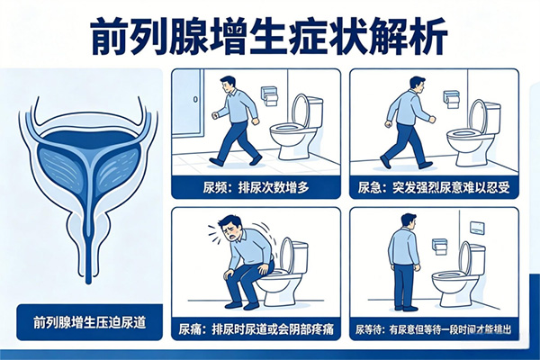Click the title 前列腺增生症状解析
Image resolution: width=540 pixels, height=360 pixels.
270,37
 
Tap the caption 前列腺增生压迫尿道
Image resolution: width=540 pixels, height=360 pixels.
89,323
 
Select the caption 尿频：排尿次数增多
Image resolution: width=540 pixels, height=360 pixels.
256,188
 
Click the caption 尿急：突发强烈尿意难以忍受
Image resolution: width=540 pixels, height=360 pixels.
434,188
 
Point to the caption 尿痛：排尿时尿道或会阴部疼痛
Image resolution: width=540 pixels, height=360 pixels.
256,329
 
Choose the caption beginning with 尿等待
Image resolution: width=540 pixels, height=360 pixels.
434,329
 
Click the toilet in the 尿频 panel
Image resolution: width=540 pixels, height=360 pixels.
296,127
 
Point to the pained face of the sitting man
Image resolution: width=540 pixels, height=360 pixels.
229,229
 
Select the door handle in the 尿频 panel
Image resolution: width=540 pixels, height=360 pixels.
195,100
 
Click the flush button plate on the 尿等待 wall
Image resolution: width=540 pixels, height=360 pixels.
477,226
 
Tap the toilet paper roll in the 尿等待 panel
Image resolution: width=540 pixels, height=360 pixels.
440,247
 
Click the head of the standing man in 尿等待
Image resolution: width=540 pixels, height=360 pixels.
409,221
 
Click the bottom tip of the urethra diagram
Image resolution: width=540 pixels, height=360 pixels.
88,283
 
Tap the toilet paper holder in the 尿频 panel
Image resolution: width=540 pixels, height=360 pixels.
270,95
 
